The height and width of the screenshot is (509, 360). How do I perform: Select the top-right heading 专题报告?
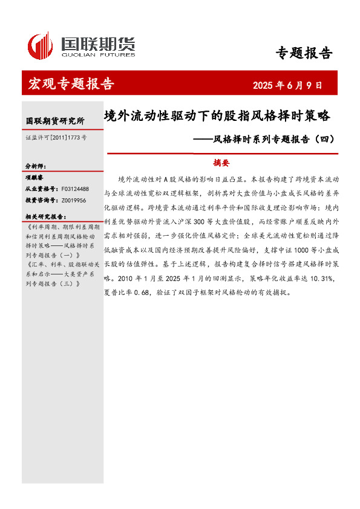click(304, 53)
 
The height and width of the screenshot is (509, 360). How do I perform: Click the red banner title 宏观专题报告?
click(71, 84)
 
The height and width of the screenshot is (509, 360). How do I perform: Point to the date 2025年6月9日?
click(287, 85)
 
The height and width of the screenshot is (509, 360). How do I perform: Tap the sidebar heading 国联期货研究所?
click(55, 121)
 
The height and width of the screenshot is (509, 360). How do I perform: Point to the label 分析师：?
click(36, 166)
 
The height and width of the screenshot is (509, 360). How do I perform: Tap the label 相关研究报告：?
click(46, 216)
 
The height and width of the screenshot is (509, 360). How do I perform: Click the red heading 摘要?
click(221, 163)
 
